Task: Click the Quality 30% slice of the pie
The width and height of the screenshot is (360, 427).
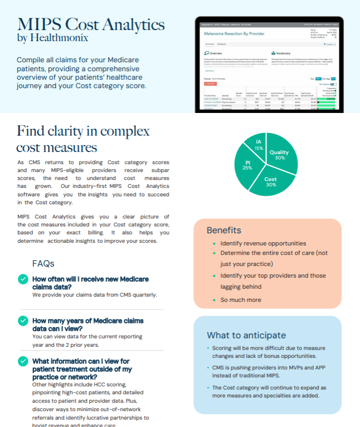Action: [x=280, y=155]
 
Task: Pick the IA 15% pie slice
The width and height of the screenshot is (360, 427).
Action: [x=259, y=145]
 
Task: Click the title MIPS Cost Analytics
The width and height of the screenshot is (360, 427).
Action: [x=91, y=24]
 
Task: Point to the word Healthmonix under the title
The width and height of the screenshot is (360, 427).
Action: [x=59, y=38]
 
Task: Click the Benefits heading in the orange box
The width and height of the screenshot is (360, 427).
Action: [x=224, y=230]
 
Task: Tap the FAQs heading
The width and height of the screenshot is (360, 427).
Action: [x=43, y=263]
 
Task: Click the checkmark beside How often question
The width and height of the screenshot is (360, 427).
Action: [x=23, y=279]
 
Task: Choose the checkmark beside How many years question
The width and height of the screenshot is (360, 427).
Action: [x=23, y=320]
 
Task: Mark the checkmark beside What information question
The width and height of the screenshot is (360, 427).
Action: [x=23, y=362]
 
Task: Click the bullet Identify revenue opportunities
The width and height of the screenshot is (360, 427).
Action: [x=263, y=243]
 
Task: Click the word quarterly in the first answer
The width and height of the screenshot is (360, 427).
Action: [x=144, y=295]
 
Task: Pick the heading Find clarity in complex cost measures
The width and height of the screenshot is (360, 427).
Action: [x=83, y=139]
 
